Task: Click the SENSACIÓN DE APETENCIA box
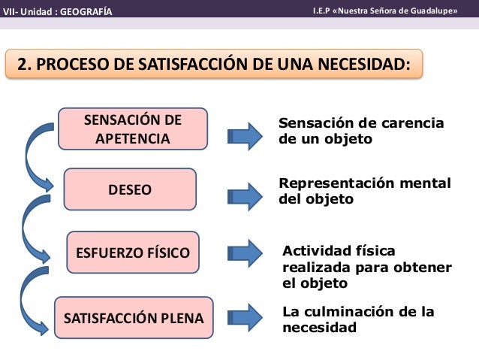tap(133, 129)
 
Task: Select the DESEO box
tap(129, 189)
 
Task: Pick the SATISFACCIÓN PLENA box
tap(134, 318)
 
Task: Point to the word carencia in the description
tap(412, 123)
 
